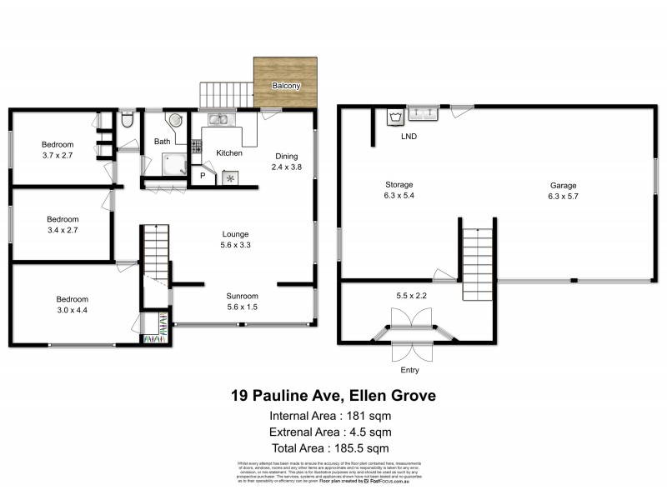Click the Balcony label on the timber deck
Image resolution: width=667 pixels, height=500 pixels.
(x=287, y=86)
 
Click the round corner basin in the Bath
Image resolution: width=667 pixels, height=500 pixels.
(x=174, y=122)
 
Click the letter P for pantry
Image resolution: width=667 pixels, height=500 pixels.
(x=202, y=177)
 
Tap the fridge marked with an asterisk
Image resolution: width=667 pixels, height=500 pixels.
(x=229, y=177)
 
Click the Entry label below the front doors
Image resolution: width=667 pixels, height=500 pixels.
(x=409, y=370)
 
